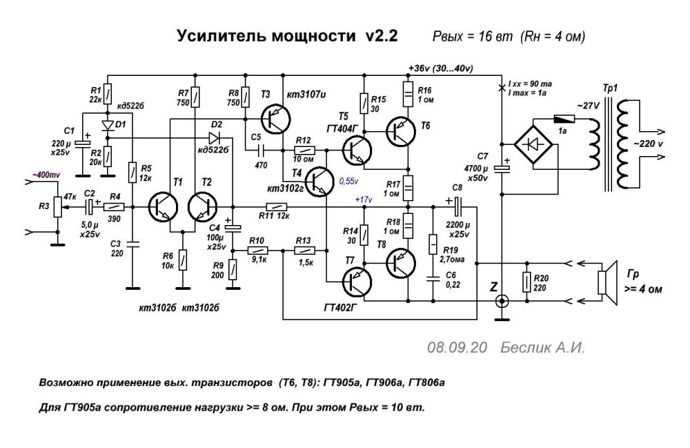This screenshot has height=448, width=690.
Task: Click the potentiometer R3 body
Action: point(57,208)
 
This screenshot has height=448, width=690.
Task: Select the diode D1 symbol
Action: point(107,125)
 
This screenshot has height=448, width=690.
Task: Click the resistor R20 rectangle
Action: point(527,282)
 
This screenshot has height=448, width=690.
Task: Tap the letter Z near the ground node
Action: point(493,285)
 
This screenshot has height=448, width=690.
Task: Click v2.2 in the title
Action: point(378,36)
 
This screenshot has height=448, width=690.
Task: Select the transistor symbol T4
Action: point(319,181)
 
